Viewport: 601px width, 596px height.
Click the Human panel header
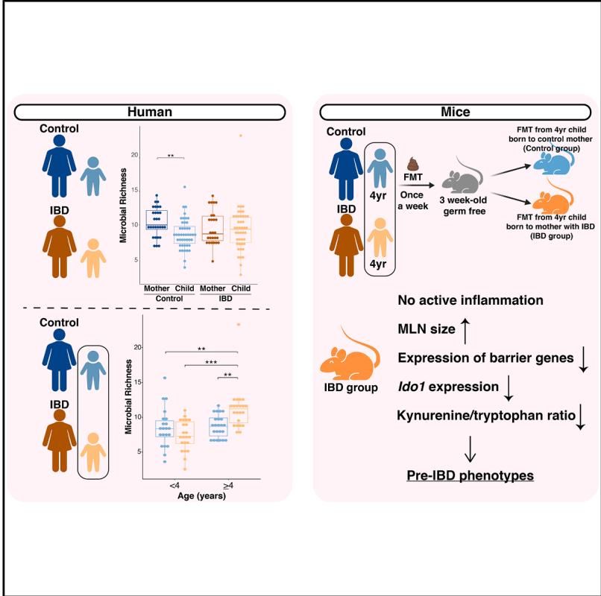point(148,112)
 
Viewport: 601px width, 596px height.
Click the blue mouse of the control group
point(553,165)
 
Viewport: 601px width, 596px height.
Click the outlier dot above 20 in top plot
point(241,136)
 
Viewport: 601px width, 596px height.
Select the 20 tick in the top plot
point(135,155)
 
